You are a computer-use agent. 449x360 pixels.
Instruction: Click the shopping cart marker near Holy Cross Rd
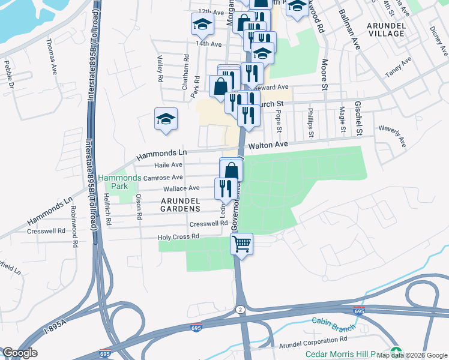tap(241, 244)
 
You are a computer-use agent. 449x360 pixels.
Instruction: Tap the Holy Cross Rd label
tap(178, 237)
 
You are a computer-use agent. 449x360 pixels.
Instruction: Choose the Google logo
tap(20, 353)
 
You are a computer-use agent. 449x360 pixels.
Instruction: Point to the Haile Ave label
tap(168, 165)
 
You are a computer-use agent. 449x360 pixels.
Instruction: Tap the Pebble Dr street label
tap(8, 74)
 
